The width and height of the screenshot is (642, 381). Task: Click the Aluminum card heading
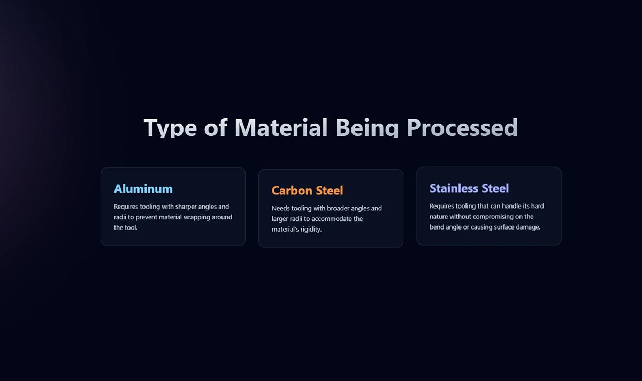(143, 189)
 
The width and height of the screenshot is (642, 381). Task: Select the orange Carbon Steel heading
(307, 190)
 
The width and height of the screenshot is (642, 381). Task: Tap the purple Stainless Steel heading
(469, 188)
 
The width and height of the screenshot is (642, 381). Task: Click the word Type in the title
(171, 128)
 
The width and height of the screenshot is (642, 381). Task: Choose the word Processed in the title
(462, 128)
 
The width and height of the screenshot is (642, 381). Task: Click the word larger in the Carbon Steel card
(281, 219)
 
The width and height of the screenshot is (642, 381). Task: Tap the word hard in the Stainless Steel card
(537, 206)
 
